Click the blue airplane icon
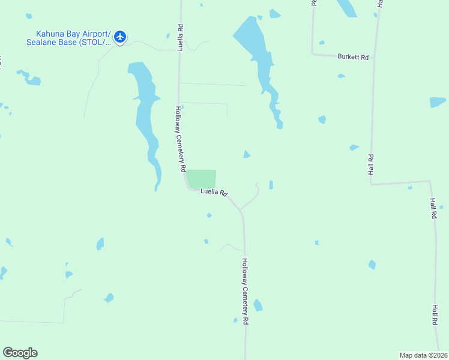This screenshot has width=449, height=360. point(120,37)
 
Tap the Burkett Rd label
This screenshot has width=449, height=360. point(353,57)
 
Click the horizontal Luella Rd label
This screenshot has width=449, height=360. point(214,193)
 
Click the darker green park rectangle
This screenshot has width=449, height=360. point(201,179)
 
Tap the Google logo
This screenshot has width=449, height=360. point(20,353)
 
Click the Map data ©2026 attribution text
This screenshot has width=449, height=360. point(423,355)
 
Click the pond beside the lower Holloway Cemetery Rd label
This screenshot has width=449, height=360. point(258,305)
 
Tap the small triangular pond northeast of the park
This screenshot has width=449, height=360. point(246,155)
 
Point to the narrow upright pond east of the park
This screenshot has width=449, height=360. point(271,185)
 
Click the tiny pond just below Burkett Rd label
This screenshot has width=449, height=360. point(341,76)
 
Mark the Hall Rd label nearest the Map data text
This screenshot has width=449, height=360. point(434,314)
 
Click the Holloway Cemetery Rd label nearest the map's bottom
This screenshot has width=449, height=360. point(245,291)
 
